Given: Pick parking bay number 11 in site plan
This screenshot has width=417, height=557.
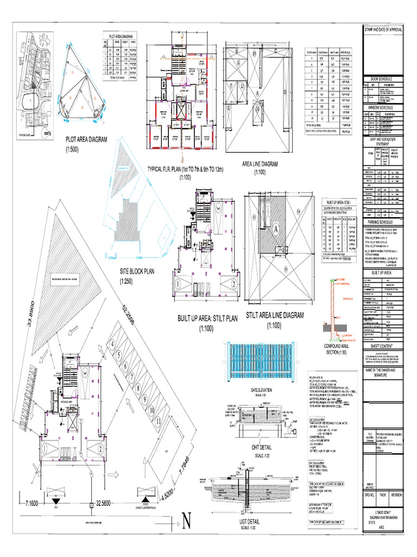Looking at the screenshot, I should [159, 421].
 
